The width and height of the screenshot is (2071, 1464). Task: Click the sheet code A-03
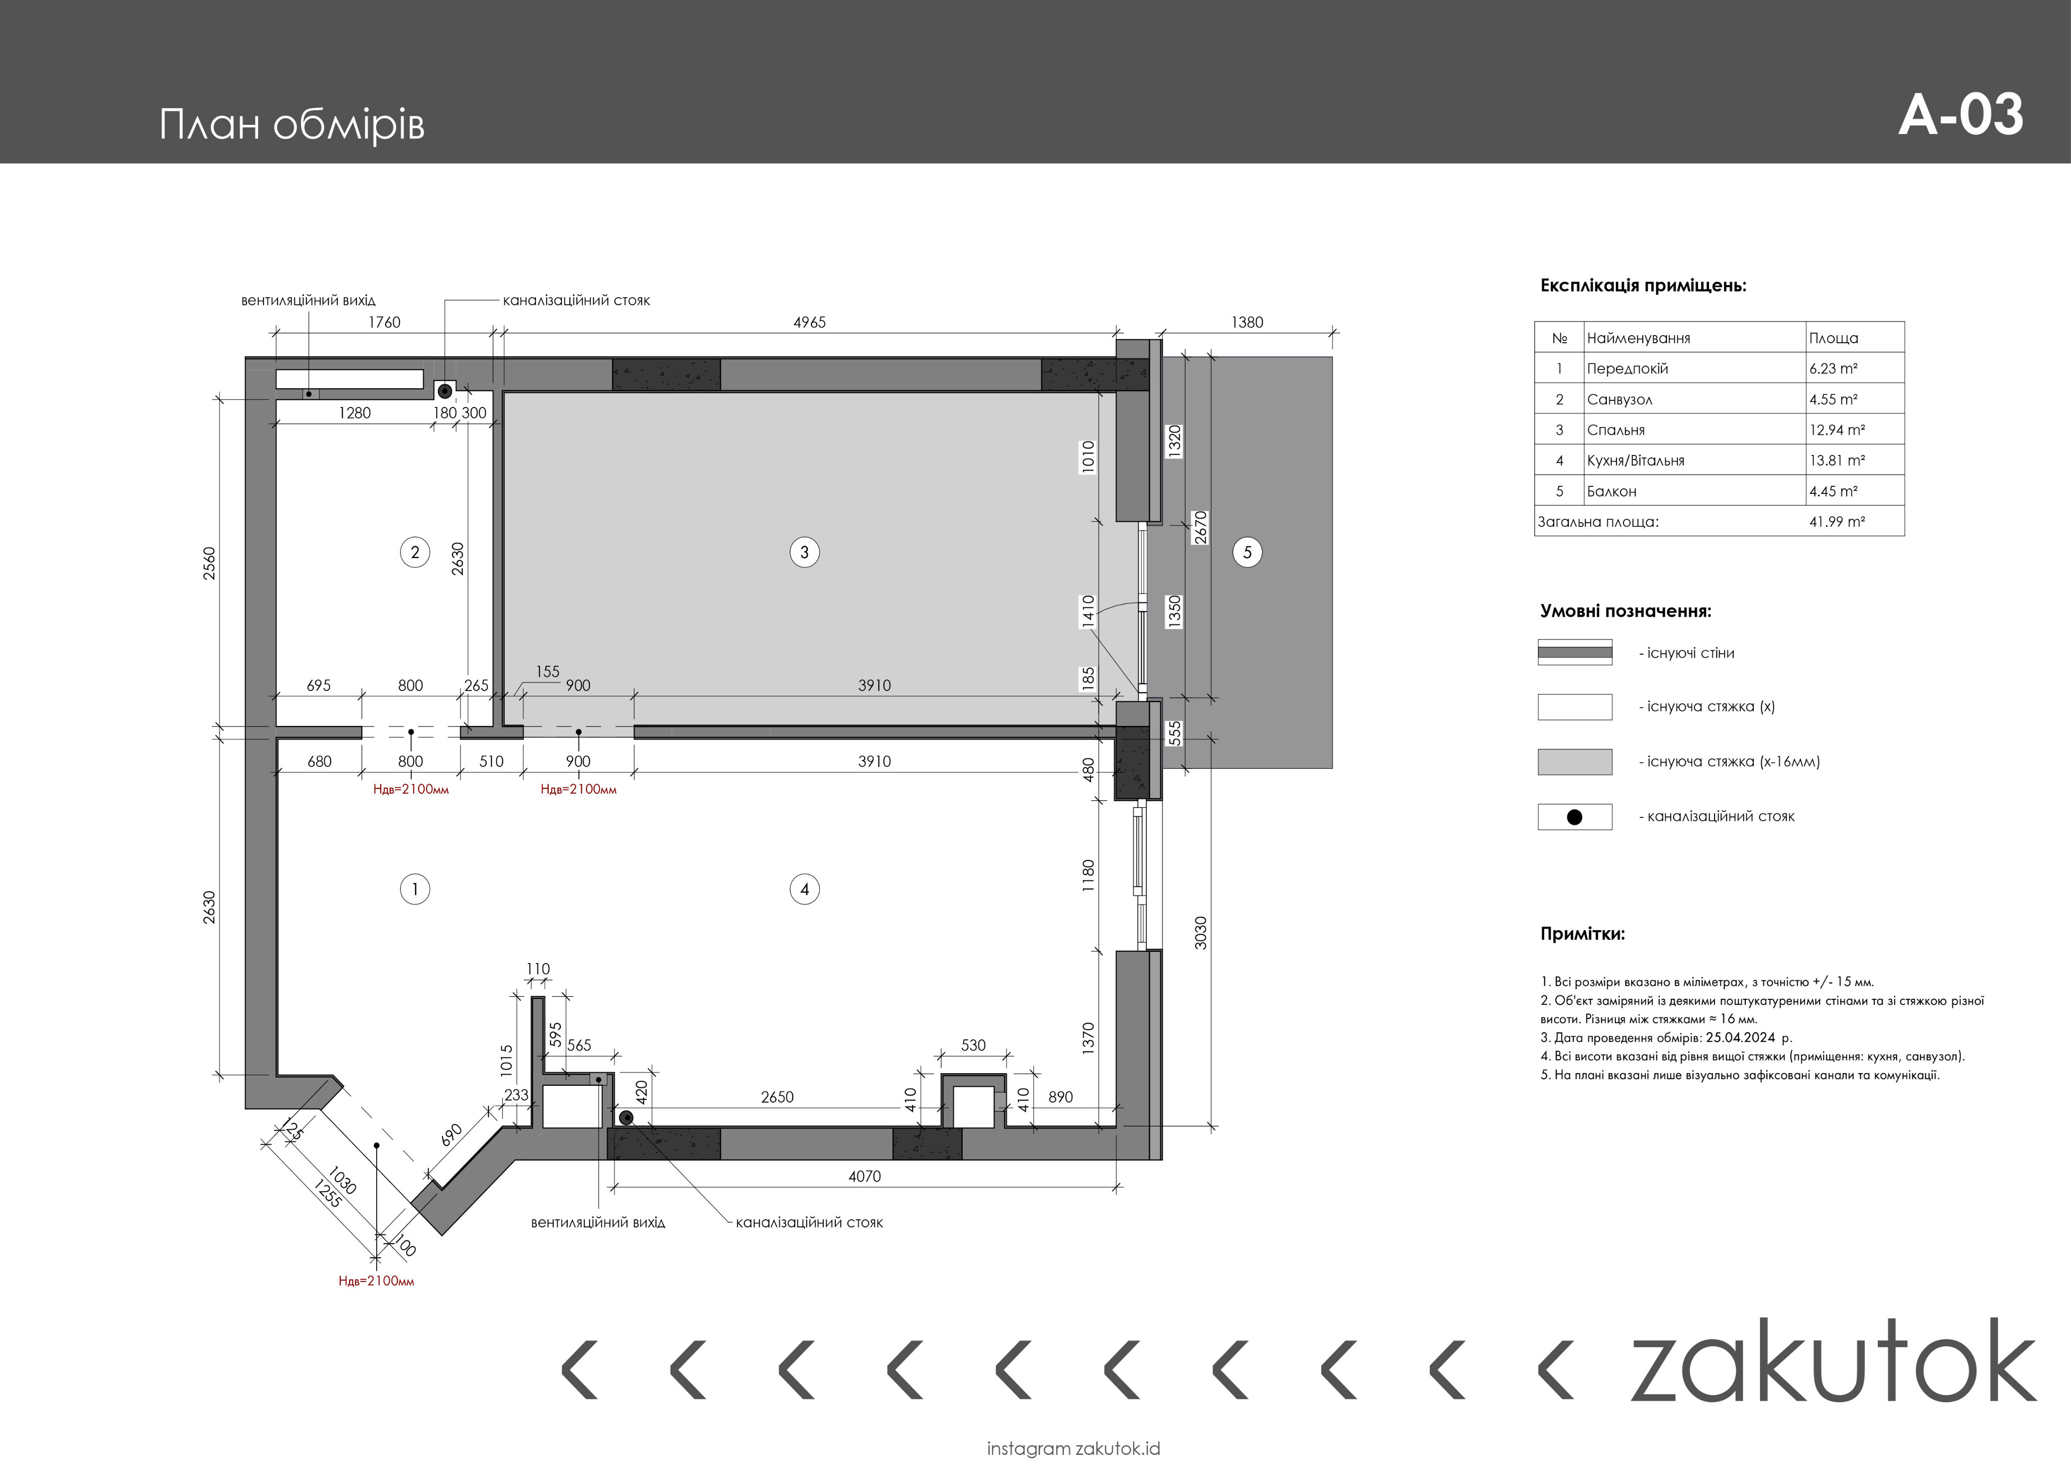[1960, 115]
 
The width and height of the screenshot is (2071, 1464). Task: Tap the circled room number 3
[804, 552]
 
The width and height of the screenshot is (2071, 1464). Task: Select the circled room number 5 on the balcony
[1247, 552]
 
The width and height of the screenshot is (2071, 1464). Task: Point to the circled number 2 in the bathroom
[415, 552]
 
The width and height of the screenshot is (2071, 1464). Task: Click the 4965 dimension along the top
[809, 322]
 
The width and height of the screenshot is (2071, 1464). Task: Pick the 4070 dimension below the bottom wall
[864, 1176]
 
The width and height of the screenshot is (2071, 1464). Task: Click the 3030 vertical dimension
[1200, 933]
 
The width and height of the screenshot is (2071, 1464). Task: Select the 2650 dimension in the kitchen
[777, 1097]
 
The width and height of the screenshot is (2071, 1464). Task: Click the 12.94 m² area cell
[1836, 429]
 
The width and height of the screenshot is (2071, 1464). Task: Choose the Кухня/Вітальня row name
[1635, 460]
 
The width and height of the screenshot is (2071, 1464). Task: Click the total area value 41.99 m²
[1836, 521]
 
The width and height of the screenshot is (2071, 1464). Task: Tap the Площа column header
[1833, 338]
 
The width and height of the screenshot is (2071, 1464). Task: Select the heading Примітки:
[1582, 934]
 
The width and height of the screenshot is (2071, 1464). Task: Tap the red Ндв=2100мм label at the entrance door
[376, 1281]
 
